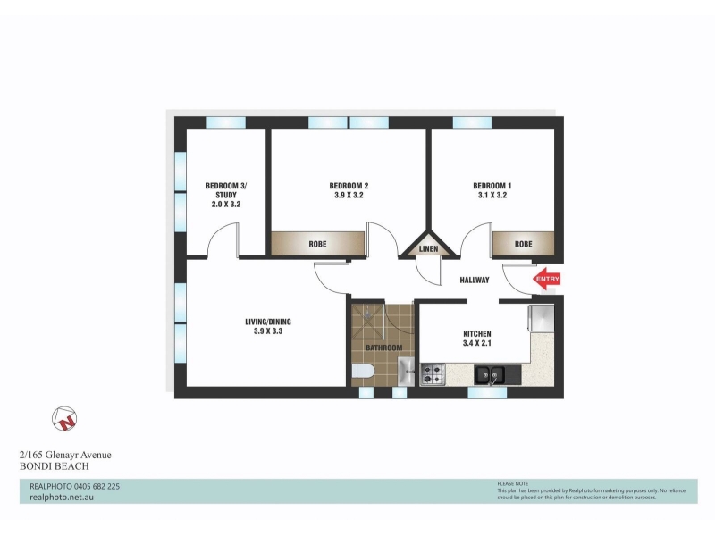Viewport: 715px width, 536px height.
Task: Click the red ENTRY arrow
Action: click(546, 279)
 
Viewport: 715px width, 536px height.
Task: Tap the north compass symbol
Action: click(64, 418)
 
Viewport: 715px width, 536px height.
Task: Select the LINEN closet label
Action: click(428, 249)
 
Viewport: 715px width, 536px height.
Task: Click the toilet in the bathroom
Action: click(363, 372)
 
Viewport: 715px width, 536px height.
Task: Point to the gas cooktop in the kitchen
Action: click(433, 374)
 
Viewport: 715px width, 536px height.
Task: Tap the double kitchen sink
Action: click(490, 375)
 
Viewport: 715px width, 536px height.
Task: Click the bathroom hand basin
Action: click(406, 372)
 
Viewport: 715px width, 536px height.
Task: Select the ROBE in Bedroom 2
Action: click(318, 244)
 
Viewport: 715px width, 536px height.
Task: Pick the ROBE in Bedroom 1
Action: click(524, 244)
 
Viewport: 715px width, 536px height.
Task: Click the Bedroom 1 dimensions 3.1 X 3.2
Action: click(492, 195)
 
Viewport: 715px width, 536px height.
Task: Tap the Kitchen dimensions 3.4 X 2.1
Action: click(477, 343)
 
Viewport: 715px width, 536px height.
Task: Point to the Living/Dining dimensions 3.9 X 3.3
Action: click(268, 331)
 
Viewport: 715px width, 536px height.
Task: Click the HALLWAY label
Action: click(475, 280)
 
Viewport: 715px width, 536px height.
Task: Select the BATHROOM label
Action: click(384, 348)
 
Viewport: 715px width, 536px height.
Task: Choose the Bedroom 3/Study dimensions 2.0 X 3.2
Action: click(226, 205)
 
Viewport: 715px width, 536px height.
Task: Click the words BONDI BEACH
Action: click(55, 466)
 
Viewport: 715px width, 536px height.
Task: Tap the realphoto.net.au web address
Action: click(62, 498)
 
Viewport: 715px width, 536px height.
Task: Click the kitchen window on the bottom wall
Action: click(487, 392)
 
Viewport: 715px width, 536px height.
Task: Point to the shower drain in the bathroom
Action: click(367, 314)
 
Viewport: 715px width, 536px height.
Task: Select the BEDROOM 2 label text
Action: click(349, 186)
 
